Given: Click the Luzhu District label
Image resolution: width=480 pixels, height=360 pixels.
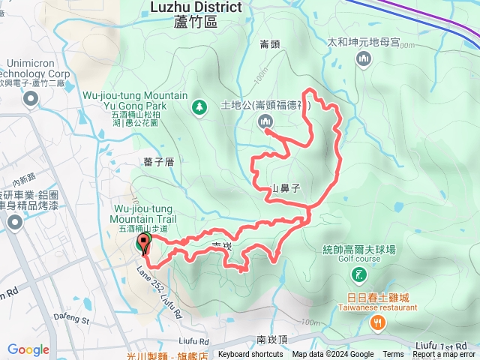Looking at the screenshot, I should pyautogui.click(x=196, y=7).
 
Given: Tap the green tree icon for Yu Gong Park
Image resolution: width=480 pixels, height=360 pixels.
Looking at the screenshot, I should pyautogui.click(x=199, y=107).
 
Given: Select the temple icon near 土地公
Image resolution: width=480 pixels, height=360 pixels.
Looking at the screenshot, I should pyautogui.click(x=264, y=121).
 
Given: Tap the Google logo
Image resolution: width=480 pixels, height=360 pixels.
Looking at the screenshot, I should pyautogui.click(x=28, y=349).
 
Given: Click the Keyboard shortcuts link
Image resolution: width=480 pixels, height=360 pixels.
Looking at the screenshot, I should pyautogui.click(x=250, y=355).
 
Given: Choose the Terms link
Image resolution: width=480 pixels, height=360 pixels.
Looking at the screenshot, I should pyautogui.click(x=393, y=355).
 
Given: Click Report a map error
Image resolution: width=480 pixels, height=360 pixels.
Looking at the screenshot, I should pyautogui.click(x=444, y=355).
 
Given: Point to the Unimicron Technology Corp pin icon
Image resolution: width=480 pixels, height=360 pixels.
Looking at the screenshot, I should pyautogui.click(x=30, y=100).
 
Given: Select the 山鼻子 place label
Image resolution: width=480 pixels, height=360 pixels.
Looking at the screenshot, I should pyautogui.click(x=285, y=189).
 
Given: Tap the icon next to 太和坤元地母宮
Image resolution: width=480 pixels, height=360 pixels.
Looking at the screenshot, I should pyautogui.click(x=364, y=59).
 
